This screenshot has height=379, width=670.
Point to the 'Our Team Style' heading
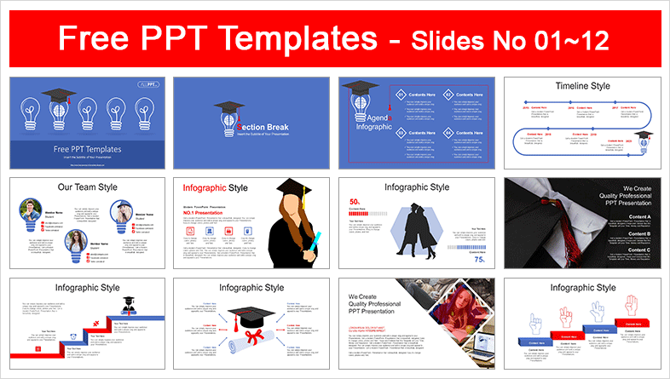click(89, 187)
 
